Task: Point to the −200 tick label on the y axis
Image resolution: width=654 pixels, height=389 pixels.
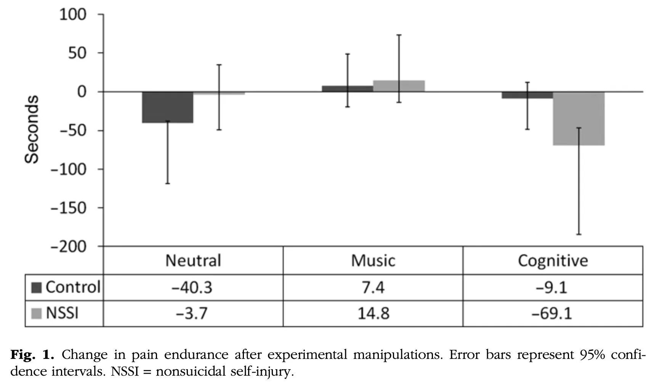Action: tap(69, 247)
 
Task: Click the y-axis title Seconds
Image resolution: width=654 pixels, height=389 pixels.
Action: tap(32, 130)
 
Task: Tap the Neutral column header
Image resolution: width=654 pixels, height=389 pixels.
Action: tap(193, 260)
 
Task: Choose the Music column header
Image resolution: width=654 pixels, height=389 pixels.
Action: tap(373, 260)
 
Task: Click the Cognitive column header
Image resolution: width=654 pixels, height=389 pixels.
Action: tap(553, 260)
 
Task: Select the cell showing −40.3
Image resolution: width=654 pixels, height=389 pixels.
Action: tap(192, 287)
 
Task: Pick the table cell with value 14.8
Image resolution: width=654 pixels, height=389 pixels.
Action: tap(373, 313)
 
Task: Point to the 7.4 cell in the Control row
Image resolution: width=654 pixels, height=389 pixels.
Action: tap(373, 287)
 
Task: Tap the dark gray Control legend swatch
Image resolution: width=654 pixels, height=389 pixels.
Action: tap(37, 288)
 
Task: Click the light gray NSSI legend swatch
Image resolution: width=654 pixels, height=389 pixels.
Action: tap(37, 313)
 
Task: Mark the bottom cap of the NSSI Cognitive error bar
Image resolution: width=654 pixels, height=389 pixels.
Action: tap(579, 234)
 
